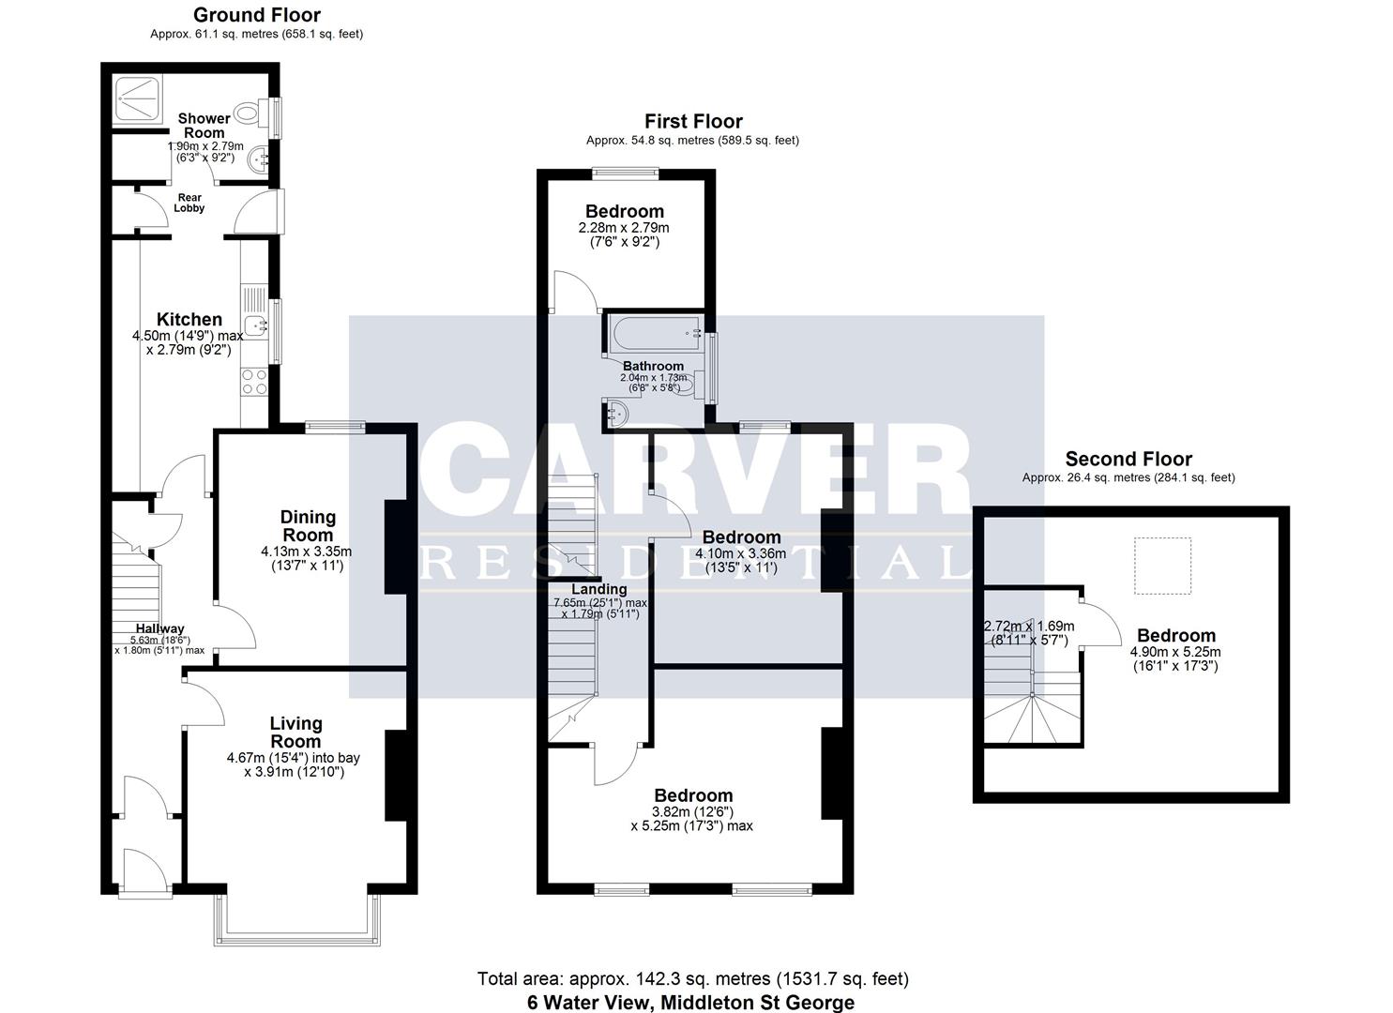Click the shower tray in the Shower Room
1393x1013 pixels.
click(x=138, y=98)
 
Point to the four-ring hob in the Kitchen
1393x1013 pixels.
click(x=255, y=381)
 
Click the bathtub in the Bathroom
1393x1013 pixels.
click(x=656, y=333)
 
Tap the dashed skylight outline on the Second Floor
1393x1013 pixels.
click(x=1162, y=566)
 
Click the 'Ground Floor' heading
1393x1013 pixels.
click(x=257, y=15)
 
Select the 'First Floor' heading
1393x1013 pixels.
click(x=693, y=121)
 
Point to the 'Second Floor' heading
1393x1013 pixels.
click(x=1128, y=459)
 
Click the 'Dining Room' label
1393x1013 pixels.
click(x=308, y=526)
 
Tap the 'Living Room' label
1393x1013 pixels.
click(x=296, y=733)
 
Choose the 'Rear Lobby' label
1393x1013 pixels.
click(x=189, y=203)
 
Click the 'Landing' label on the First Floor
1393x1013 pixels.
click(x=599, y=589)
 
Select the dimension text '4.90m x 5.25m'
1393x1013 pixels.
click(x=1175, y=652)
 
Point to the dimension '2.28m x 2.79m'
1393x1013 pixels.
click(x=624, y=228)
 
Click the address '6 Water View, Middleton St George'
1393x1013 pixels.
click(x=691, y=1003)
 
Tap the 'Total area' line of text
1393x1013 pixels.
click(x=693, y=979)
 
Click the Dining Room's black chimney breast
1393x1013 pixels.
click(x=396, y=547)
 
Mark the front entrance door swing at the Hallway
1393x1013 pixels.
click(x=145, y=871)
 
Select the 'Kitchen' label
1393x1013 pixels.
click(x=189, y=320)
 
